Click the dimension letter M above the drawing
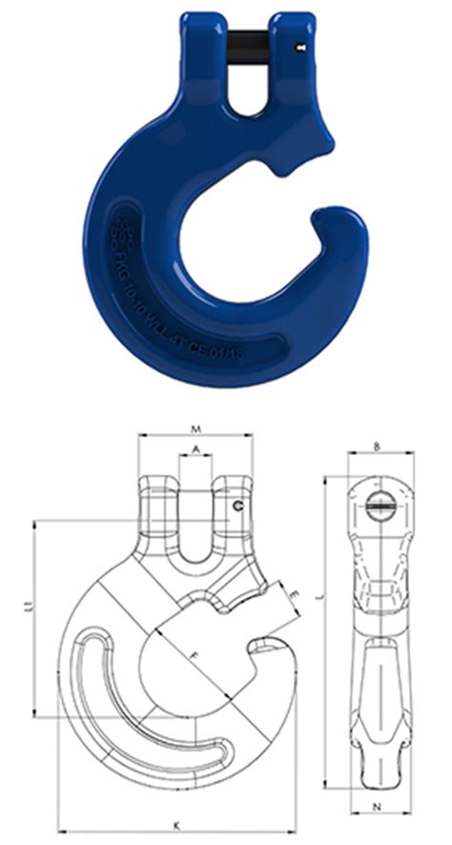tap(196, 426)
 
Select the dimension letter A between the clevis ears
tap(196, 448)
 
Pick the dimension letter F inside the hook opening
tap(195, 655)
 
